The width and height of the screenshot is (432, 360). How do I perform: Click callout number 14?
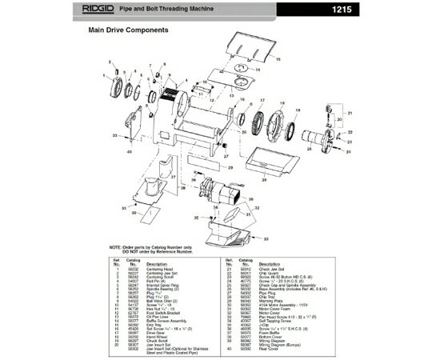tap(257, 70)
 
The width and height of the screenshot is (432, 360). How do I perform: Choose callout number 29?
tap(229, 168)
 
